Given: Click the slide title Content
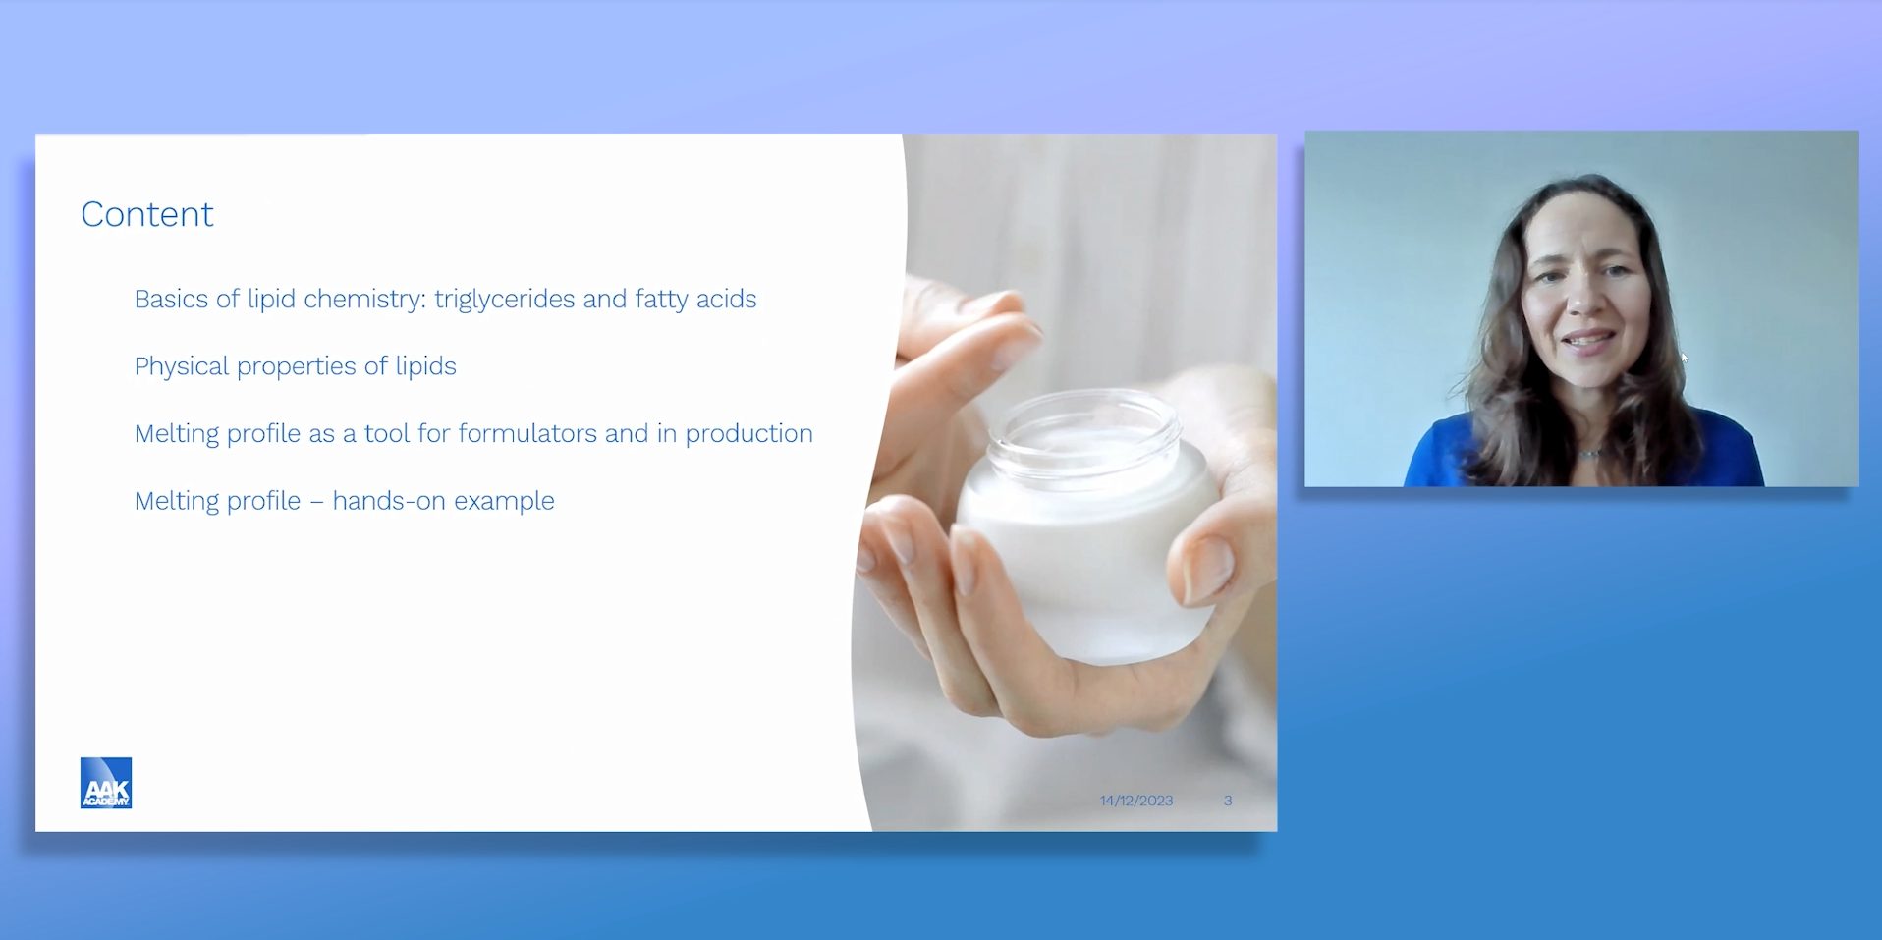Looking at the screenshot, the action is [147, 214].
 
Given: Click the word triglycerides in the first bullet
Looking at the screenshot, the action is [505, 300].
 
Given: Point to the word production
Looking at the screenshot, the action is [748, 434].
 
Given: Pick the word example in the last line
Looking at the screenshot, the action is [504, 502].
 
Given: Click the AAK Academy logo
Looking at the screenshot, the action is [106, 783].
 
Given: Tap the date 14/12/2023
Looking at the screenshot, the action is [1136, 801].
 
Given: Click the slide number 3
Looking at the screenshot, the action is [1228, 801].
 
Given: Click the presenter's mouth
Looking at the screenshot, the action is [1588, 342].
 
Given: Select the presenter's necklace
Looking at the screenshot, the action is [1589, 453].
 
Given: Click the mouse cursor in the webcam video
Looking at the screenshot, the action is [1685, 359].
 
